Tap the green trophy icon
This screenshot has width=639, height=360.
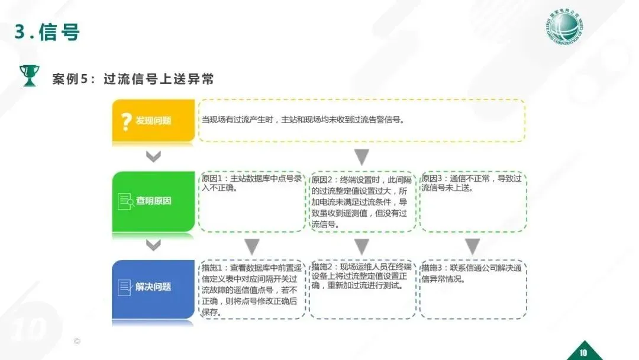28,76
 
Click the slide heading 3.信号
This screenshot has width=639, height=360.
47,32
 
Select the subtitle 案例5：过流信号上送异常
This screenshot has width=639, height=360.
133,79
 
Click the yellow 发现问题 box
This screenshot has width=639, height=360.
153,121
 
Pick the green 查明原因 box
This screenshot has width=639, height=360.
153,201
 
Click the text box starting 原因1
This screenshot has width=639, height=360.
252,201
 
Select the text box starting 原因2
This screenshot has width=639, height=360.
362,201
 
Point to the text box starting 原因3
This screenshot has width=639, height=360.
473,201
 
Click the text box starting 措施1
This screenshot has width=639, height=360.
252,289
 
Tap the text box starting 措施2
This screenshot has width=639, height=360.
362,289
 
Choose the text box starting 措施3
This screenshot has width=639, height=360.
473,289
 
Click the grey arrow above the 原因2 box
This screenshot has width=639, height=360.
362,157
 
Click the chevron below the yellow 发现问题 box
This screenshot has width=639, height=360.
153,157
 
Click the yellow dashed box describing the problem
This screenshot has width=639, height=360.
362,120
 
